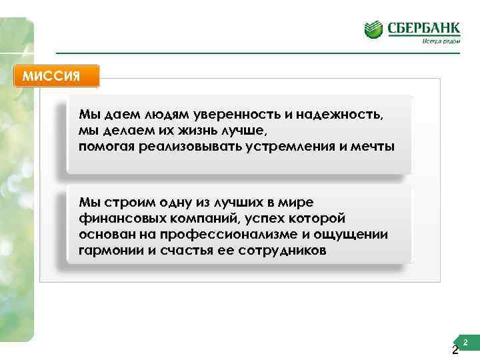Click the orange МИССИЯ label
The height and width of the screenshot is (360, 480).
click(x=56, y=75)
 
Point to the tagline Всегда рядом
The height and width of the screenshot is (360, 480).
click(x=441, y=41)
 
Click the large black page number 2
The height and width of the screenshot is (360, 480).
click(x=455, y=351)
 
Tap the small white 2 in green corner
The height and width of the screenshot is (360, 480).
click(x=465, y=342)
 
